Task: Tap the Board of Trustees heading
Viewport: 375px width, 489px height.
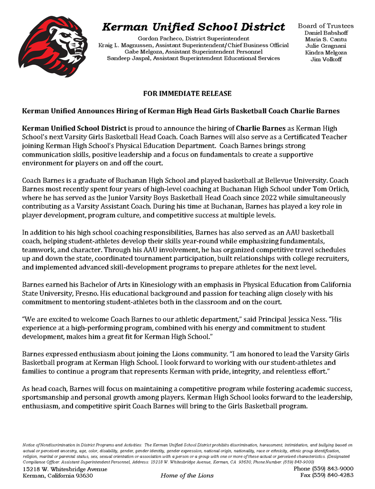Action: (x=326, y=26)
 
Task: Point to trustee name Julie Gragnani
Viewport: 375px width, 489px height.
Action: (x=326, y=46)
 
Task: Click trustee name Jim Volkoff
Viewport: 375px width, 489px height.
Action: (x=326, y=59)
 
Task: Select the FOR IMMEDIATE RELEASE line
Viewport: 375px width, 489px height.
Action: (x=187, y=94)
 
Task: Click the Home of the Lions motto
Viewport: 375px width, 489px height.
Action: (x=187, y=476)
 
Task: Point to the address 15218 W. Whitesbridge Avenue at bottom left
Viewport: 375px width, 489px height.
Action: (x=65, y=469)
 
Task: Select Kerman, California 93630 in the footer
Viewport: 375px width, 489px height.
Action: (x=58, y=476)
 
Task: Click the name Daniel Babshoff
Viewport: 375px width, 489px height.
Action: (x=326, y=32)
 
